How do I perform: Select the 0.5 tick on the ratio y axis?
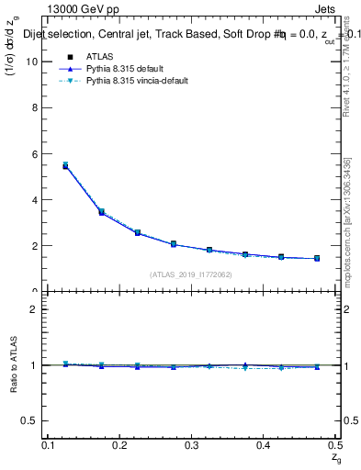click(x=31, y=421)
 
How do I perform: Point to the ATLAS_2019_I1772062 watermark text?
click(x=191, y=274)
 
